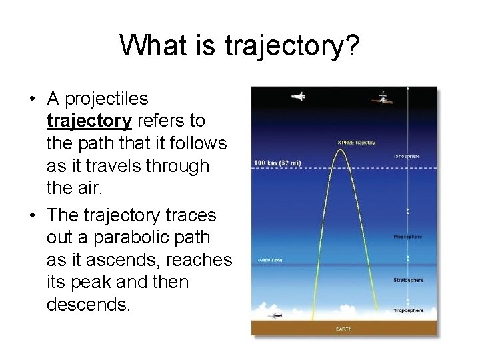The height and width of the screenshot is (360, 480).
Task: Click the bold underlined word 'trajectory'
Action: [x=90, y=121]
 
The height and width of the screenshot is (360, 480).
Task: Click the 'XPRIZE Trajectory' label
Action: [x=357, y=142]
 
